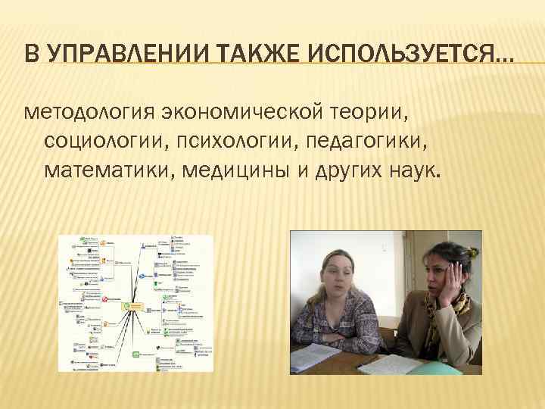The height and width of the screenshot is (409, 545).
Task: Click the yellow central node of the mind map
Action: (x=135, y=306)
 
